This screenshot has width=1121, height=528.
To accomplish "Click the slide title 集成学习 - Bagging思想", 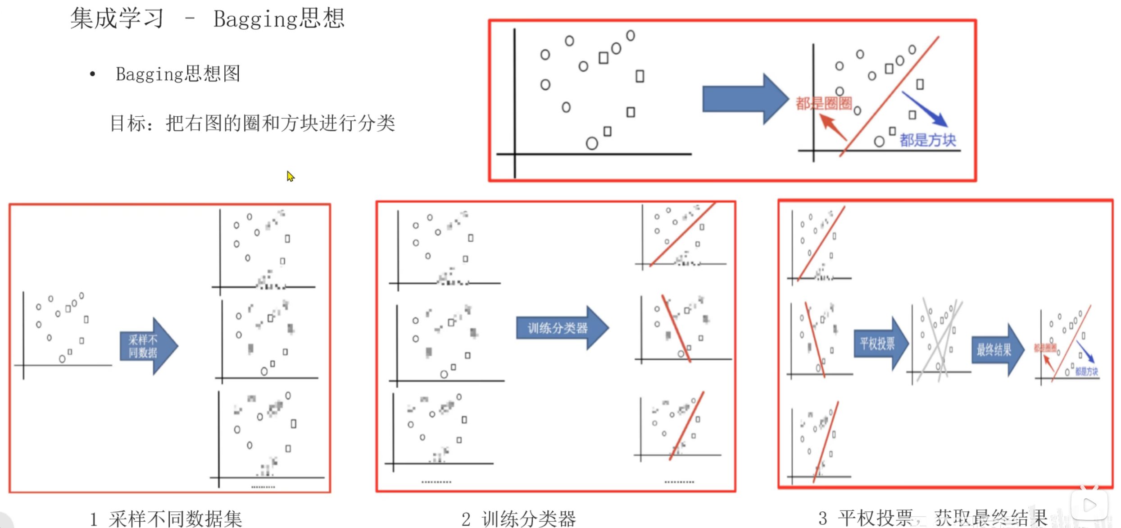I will pyautogui.click(x=207, y=19).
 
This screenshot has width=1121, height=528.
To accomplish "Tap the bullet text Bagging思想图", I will pyautogui.click(x=178, y=74).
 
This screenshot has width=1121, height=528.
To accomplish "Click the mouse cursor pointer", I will pyautogui.click(x=290, y=176).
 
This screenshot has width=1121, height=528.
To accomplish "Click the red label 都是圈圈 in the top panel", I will pyautogui.click(x=823, y=103).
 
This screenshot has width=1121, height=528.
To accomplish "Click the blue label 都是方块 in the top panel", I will pyautogui.click(x=927, y=140).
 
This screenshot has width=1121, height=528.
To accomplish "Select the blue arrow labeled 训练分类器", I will pyautogui.click(x=561, y=328).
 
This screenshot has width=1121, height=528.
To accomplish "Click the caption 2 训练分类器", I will pyautogui.click(x=518, y=518).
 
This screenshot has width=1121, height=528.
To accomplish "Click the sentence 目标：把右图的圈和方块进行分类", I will pyautogui.click(x=252, y=123).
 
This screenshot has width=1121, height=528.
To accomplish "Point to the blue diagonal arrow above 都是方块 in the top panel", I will pyautogui.click(x=925, y=109).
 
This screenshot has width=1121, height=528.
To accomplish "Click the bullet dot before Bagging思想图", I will pyautogui.click(x=92, y=74).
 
